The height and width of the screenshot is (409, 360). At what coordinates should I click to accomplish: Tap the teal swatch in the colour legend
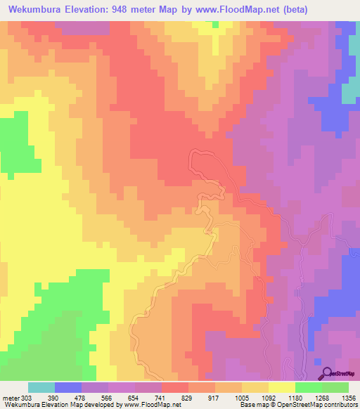pos(41,387)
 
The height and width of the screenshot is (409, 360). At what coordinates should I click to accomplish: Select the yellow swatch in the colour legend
pos(282,387)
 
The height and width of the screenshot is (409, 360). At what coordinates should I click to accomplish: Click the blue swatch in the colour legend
pos(68,387)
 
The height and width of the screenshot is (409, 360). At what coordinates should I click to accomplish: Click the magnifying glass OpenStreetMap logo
pos(326,372)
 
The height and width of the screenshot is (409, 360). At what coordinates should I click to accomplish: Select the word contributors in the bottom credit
pos(340,405)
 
